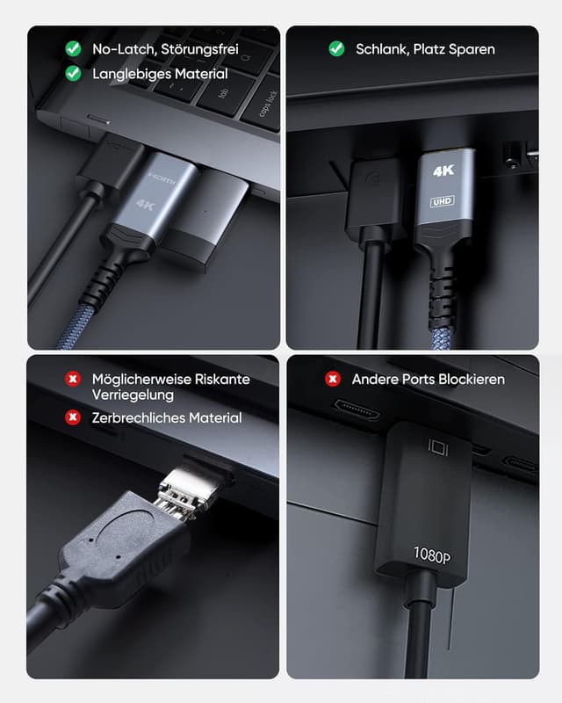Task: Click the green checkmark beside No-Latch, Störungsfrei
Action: point(73,49)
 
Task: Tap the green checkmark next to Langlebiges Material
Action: point(73,74)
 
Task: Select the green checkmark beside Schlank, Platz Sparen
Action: point(336,49)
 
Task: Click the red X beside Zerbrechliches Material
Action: point(73,417)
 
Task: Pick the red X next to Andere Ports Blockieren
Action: point(333,379)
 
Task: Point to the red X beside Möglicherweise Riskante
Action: point(73,379)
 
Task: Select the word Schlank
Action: point(382,49)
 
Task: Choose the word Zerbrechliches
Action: point(140,418)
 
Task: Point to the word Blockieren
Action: point(468,380)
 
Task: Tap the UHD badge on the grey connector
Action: point(443,201)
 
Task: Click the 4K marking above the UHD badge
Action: point(443,172)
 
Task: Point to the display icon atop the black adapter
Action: point(436,447)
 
